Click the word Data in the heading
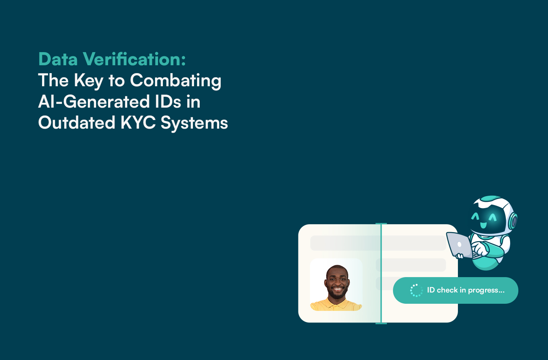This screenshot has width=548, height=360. (58, 59)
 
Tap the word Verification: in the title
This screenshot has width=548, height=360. (134, 59)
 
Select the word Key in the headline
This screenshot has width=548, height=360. (88, 81)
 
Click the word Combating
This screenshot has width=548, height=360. (175, 81)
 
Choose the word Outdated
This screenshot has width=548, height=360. (76, 123)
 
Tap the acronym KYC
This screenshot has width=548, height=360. (138, 123)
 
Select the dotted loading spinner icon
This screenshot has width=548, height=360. (416, 290)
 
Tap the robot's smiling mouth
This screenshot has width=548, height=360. (483, 225)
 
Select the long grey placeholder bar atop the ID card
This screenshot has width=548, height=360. (378, 243)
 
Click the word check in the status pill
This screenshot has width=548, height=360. (447, 290)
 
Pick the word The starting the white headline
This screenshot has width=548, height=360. (53, 81)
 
